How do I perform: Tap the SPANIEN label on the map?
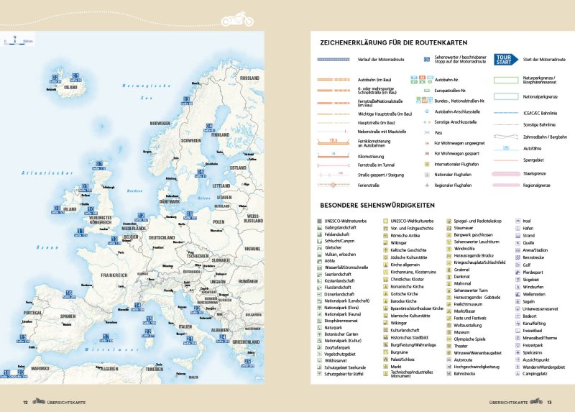click(x=68, y=316)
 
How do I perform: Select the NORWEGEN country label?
click(x=159, y=123)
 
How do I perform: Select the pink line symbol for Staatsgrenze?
click(x=506, y=173)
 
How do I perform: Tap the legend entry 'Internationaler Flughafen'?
click(x=459, y=163)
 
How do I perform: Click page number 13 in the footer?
click(x=548, y=402)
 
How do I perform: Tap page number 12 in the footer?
click(x=25, y=402)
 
